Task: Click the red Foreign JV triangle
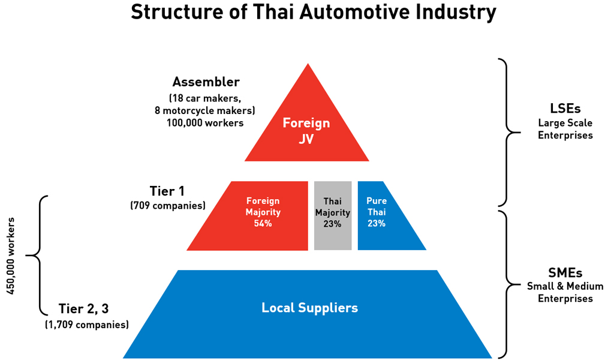306,129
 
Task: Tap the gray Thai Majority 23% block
333,215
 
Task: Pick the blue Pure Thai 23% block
381,215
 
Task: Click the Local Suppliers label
309,308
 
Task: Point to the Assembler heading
206,82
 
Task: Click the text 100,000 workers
206,122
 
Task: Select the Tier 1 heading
167,191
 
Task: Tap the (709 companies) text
168,206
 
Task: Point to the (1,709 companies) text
87,325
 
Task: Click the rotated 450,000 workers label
11,260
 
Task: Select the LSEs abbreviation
565,109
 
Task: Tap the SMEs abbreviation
565,272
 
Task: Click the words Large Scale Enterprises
565,129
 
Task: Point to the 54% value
263,224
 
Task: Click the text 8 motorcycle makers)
205,110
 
